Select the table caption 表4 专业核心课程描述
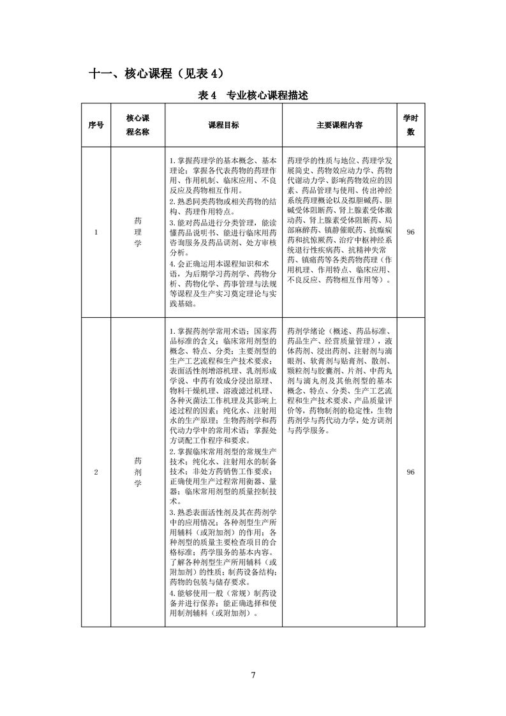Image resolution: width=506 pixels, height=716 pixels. tap(253, 96)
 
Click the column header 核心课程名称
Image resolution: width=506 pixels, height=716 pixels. tap(137, 126)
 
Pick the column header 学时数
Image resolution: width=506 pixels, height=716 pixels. tap(410, 126)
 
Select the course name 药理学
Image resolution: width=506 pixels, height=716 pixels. tap(137, 232)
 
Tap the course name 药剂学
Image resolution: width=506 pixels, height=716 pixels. tap(137, 472)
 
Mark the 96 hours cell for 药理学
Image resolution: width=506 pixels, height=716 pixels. tap(410, 232)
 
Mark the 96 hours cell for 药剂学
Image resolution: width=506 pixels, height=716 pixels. tap(410, 472)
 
